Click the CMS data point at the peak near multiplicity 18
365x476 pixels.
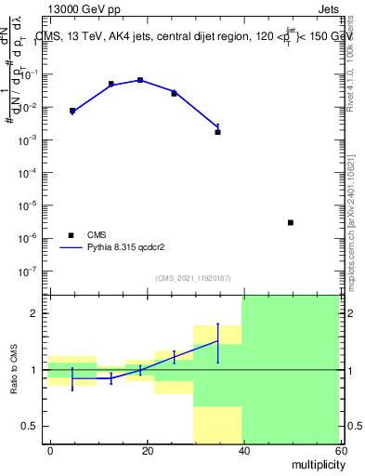click(140, 80)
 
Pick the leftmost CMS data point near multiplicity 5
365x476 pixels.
click(72, 111)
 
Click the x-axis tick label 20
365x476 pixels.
click(146, 450)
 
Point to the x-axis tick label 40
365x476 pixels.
click(242, 450)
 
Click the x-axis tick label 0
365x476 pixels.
click(50, 450)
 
